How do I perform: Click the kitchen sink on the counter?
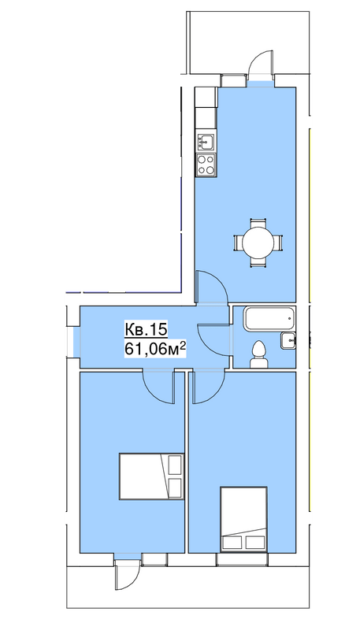tap(206, 141)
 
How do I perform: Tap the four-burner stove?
tap(206, 165)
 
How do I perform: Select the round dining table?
tap(258, 243)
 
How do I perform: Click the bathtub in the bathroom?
tap(269, 320)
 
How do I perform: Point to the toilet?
tap(258, 354)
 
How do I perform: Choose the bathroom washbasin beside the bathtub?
tap(288, 341)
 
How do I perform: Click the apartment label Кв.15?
tap(146, 329)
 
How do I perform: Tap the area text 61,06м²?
tap(155, 349)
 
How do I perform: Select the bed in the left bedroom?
tap(151, 476)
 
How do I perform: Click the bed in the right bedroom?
tap(244, 519)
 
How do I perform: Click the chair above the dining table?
tap(258, 223)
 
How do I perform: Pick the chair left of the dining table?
tap(238, 243)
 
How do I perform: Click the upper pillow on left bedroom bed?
tap(175, 465)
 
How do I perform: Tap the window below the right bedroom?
tap(242, 559)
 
